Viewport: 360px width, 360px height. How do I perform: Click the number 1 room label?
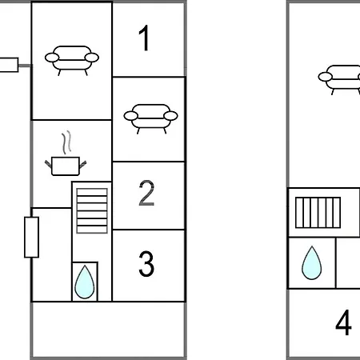145,38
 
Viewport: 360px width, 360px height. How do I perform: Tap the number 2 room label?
146,193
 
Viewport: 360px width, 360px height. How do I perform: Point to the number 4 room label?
343,322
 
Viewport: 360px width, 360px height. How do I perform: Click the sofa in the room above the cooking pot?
72,60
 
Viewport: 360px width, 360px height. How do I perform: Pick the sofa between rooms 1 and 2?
150,118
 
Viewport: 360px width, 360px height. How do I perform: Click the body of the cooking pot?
66,166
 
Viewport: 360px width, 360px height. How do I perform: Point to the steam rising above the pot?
66,142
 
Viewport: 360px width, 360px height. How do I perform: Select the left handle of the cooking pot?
48,164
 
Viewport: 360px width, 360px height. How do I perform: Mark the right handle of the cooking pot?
83,164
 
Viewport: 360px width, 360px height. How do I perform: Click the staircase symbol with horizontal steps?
92,211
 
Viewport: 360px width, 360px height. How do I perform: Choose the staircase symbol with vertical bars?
318,213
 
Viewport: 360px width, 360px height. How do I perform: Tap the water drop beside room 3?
85,282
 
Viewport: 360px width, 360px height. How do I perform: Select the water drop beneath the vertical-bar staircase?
311,263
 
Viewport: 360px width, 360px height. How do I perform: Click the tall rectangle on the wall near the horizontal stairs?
32,238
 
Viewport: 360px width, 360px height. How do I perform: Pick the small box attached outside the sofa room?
9,65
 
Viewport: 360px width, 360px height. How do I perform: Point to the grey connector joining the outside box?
25,66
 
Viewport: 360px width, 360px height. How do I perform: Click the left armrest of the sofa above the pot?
52,58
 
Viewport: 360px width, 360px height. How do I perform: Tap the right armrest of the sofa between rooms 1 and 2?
170,116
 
